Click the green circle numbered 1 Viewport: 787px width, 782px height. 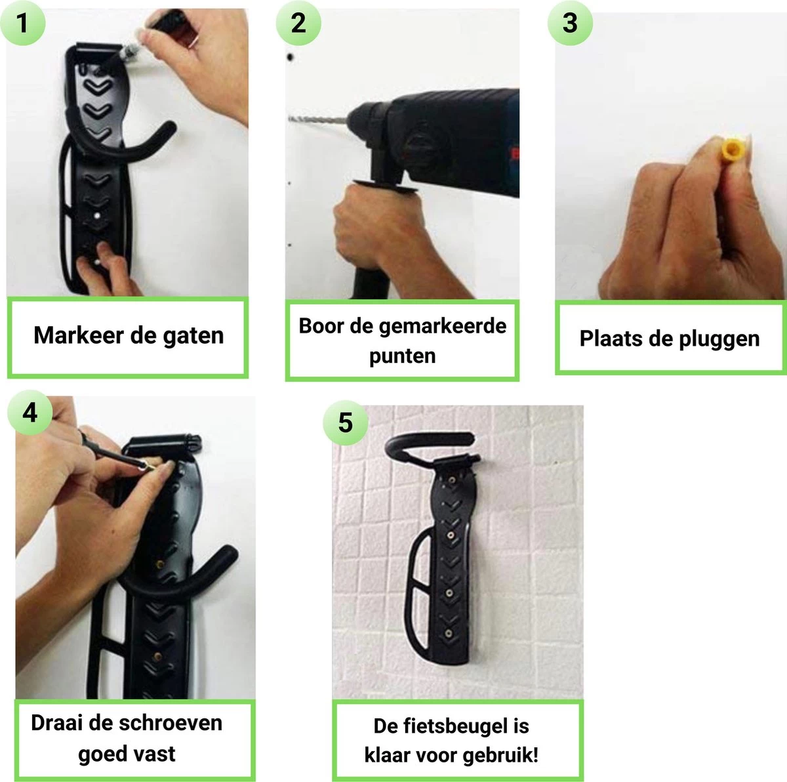(22, 23)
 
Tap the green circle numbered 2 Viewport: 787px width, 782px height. (298, 23)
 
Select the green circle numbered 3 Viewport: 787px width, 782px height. (570, 23)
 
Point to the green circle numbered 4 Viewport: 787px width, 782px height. (30, 413)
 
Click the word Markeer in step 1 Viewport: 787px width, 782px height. (79, 336)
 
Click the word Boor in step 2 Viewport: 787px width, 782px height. (321, 326)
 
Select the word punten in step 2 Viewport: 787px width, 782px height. (402, 356)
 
